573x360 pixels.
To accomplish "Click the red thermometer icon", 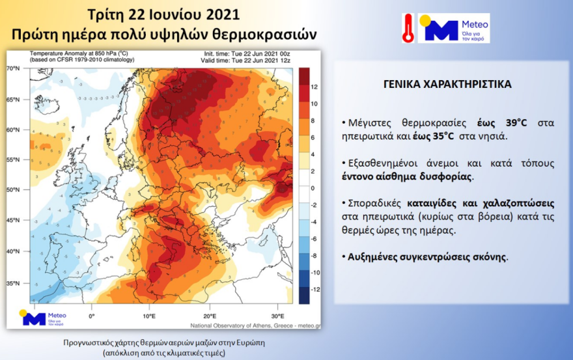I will (x=408, y=28).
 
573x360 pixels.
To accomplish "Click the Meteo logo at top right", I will (x=454, y=28).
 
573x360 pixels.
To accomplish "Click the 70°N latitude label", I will (x=14, y=68).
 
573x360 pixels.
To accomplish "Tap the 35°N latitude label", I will (x=14, y=283).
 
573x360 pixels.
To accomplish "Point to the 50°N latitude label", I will (x=14, y=190).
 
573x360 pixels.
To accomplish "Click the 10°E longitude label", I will (x=148, y=316).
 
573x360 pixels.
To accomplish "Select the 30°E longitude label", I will (x=277, y=316).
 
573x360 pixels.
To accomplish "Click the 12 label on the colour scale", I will (x=314, y=87).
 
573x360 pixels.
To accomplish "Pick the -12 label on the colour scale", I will (x=314, y=288).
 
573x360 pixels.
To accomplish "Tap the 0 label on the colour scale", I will (x=313, y=187).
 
